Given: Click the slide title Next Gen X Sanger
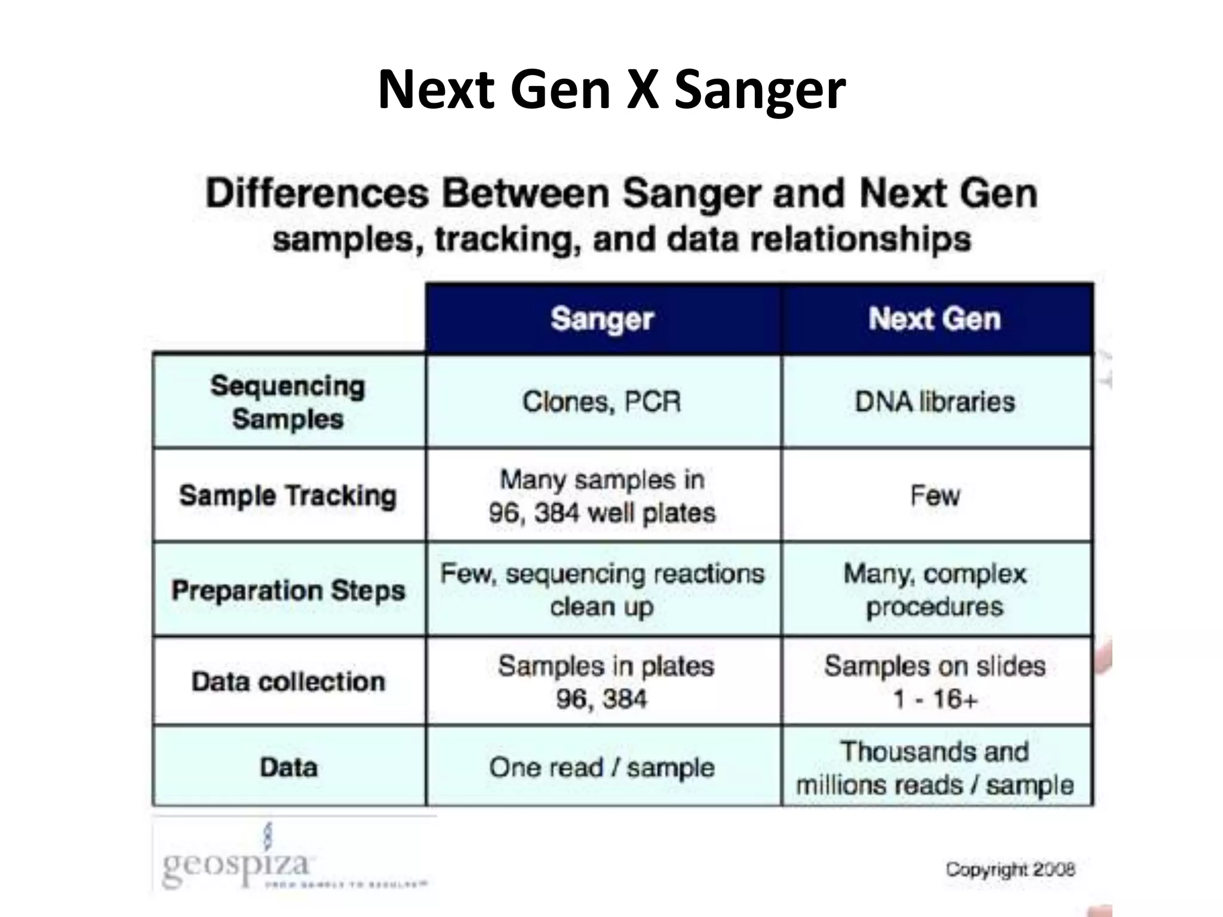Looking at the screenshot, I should [611, 90].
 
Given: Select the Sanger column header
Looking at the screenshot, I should [602, 319].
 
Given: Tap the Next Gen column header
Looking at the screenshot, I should [935, 319].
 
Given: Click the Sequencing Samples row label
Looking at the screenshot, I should [288, 402].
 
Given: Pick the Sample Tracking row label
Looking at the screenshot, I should [288, 496].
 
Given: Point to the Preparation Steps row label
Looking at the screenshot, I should [288, 590].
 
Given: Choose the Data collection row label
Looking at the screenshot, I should [288, 681].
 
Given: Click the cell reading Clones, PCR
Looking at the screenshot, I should [602, 402].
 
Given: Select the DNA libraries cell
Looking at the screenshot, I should [935, 402].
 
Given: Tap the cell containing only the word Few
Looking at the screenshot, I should [935, 496].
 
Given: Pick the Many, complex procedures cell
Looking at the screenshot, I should [935, 590].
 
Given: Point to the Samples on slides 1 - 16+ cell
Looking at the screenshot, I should [935, 682].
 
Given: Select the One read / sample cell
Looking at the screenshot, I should [602, 768].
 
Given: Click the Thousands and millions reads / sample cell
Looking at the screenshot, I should [935, 768].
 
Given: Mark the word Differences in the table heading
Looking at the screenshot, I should [317, 194].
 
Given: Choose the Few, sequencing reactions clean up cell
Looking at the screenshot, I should [602, 590].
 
